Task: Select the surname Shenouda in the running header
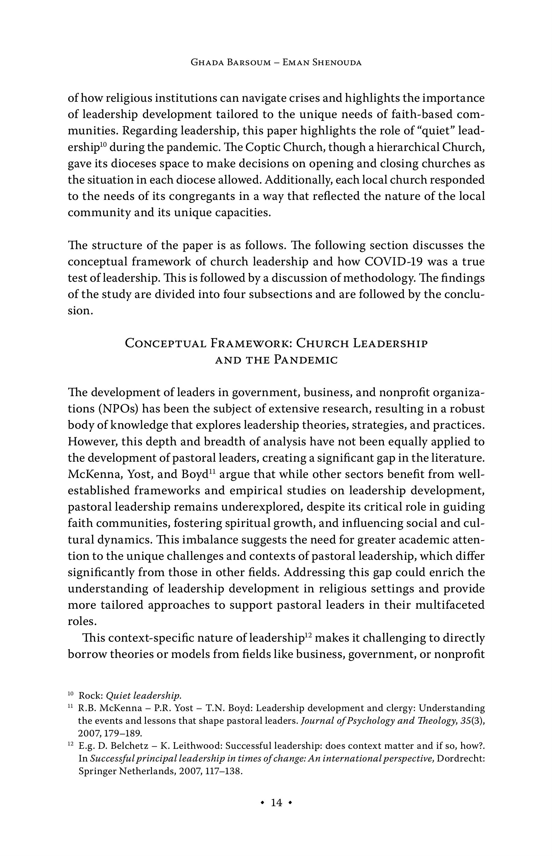[337, 63]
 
